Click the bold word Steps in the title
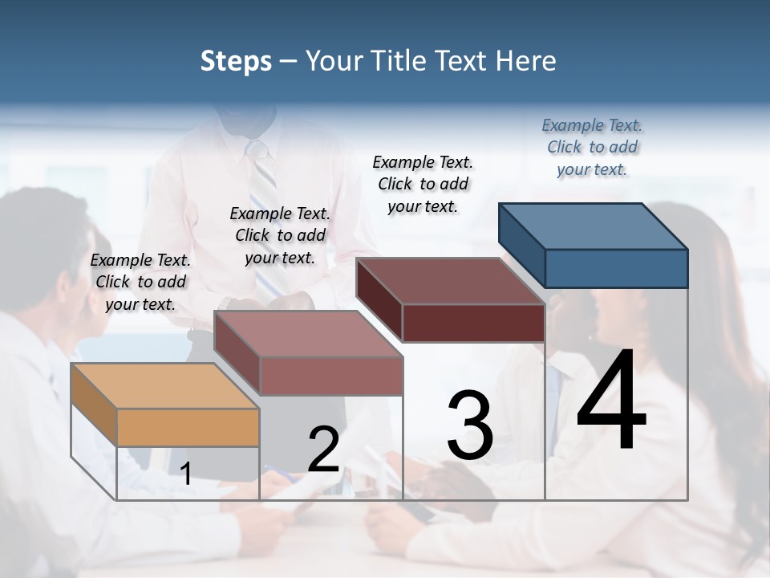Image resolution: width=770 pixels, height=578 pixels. (236, 61)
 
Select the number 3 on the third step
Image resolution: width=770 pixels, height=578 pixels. (470, 425)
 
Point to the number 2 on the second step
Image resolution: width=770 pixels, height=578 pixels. (324, 450)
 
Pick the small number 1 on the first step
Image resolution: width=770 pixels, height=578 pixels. (186, 474)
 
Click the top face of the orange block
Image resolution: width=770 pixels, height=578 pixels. (165, 385)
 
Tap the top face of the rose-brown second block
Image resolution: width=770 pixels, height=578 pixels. (308, 333)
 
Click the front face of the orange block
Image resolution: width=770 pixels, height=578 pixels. (188, 427)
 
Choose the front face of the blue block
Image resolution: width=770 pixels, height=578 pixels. (616, 268)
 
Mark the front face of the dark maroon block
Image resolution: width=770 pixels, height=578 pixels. (473, 323)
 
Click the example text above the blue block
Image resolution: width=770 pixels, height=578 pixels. (592, 148)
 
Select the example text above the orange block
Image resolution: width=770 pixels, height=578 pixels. (140, 282)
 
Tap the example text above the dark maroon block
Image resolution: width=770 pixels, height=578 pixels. (423, 184)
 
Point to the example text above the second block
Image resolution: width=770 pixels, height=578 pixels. (280, 235)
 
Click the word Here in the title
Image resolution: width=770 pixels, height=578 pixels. (526, 61)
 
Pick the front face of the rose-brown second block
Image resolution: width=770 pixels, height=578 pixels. (330, 376)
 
